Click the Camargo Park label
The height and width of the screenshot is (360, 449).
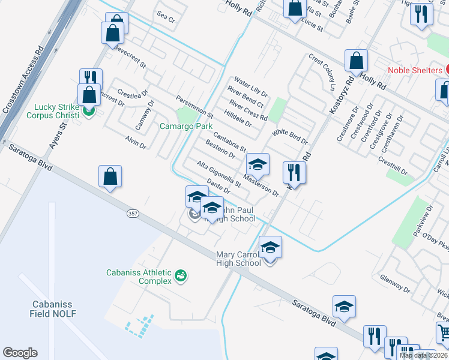186,127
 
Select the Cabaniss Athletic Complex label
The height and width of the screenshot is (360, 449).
139,276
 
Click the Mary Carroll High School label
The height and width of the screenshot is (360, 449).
239,259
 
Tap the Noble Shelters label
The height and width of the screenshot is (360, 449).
415,70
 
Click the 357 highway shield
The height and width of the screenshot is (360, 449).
133,213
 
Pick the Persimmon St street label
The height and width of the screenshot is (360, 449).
194,106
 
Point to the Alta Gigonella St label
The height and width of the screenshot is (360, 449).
218,173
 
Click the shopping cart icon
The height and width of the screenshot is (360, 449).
443,332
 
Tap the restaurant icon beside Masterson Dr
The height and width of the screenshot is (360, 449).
295,172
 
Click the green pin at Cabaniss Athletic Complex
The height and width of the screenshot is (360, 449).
180,276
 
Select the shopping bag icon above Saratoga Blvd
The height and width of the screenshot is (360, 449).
110,176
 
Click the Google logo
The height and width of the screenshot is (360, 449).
20,353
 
